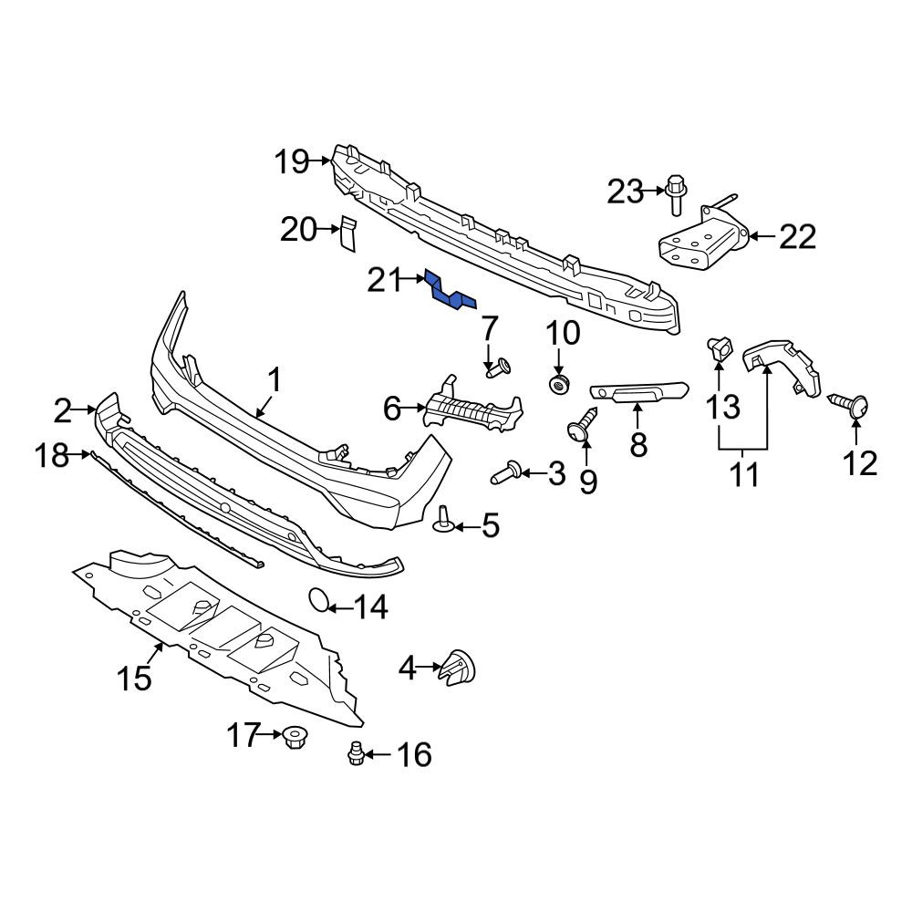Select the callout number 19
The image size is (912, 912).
tap(292, 161)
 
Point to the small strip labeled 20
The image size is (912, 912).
tap(347, 233)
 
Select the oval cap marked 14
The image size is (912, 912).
tap(317, 600)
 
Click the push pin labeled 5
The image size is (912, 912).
tap(444, 520)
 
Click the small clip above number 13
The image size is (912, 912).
tap(719, 348)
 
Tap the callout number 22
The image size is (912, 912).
tap(797, 237)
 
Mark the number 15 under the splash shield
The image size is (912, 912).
tap(134, 679)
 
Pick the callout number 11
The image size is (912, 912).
tap(744, 475)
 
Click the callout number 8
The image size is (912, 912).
tap(638, 446)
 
